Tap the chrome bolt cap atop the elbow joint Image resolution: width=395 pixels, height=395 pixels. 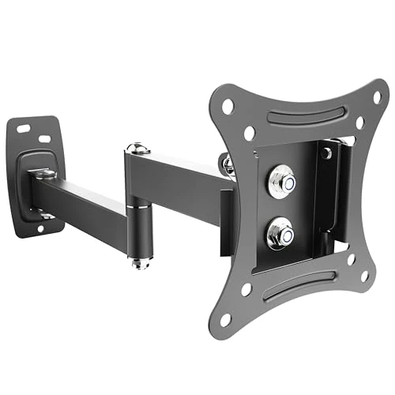[x=138, y=148]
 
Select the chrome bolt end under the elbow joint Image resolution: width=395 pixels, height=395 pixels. [x=140, y=261]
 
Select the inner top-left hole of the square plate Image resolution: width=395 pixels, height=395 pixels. [x=250, y=133]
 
